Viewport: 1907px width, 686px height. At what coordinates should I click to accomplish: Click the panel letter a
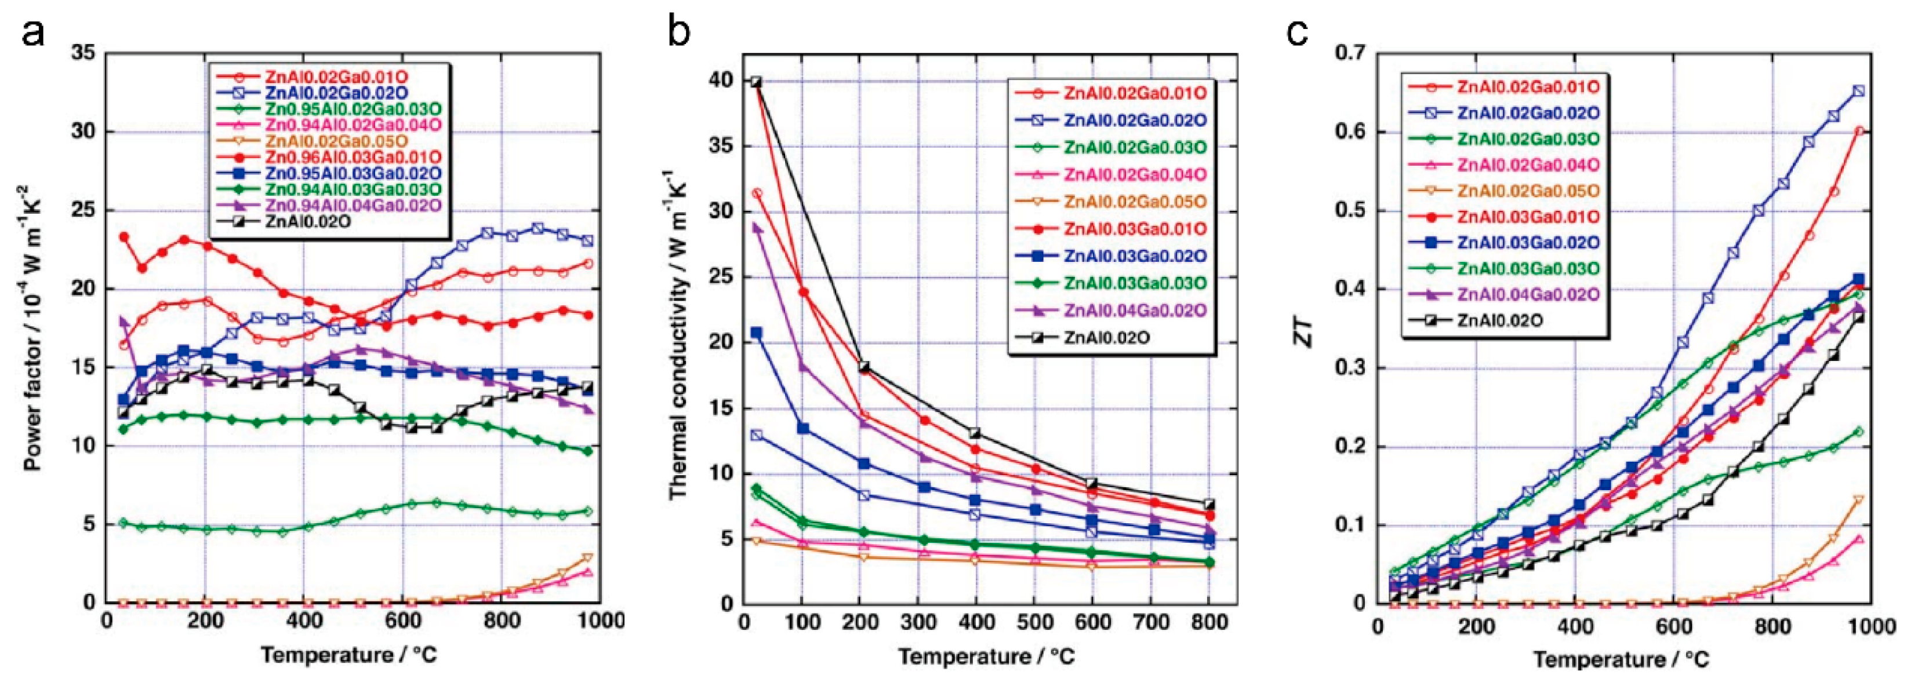[x=33, y=32]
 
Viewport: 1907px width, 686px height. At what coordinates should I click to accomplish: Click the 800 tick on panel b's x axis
[x=1208, y=622]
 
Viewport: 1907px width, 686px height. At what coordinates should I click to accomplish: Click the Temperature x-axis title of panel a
[x=348, y=655]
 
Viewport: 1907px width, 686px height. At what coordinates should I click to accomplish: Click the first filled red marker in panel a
[x=123, y=237]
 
